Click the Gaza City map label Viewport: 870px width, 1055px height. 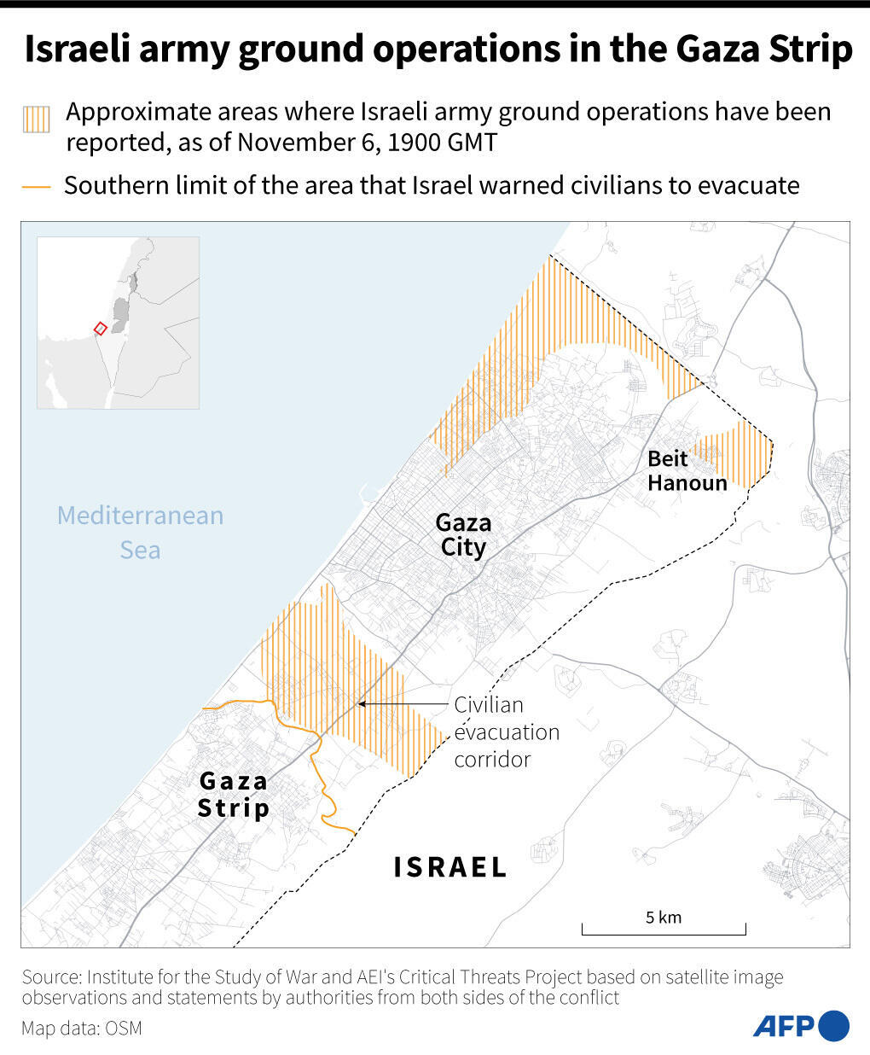[463, 534]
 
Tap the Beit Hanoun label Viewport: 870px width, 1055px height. [687, 470]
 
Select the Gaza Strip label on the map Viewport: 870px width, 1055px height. [234, 794]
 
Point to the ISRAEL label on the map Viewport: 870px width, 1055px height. [449, 867]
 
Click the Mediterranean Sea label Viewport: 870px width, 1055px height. [140, 532]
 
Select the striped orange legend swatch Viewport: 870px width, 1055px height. [36, 119]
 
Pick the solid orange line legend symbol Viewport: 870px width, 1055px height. [36, 186]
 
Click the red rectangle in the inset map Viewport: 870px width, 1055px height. [100, 328]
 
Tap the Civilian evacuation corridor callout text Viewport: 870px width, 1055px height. [507, 732]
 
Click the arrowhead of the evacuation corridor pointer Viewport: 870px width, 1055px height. [362, 704]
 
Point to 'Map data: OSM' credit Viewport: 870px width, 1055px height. [82, 1028]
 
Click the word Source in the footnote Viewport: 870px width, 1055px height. [50, 976]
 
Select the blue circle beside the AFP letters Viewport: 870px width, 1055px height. [834, 1024]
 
